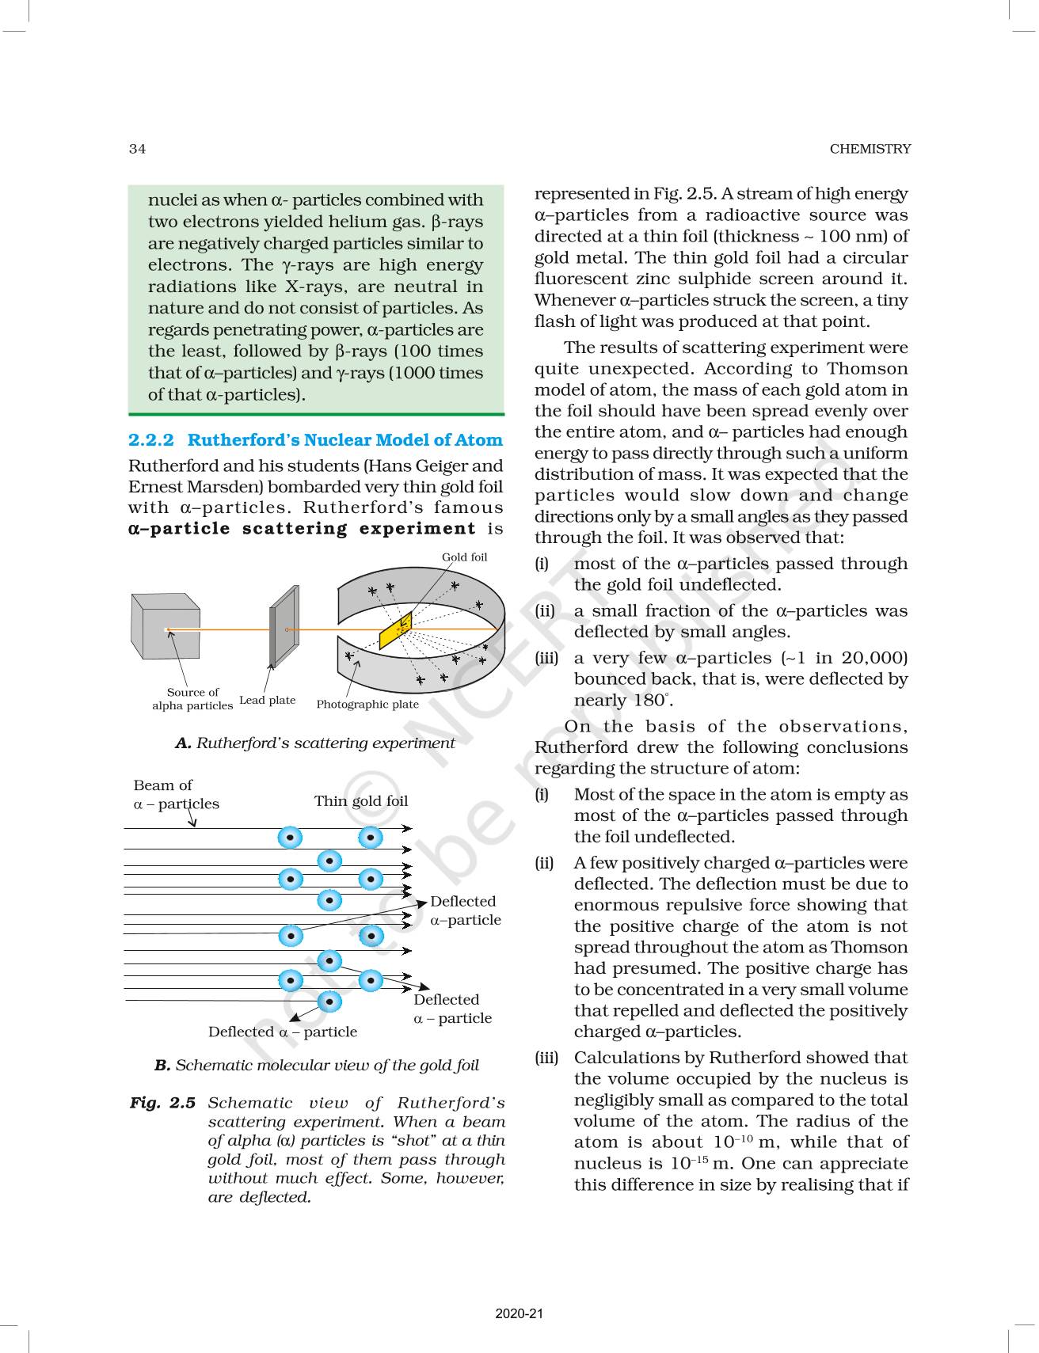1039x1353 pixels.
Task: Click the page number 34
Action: pos(137,149)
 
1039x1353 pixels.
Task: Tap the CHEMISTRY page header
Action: pos(870,149)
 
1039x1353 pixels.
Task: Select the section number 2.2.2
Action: pos(150,440)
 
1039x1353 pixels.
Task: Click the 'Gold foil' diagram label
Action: pos(464,557)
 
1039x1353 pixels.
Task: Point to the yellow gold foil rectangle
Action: pos(396,630)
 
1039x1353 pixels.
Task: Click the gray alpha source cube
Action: pos(165,626)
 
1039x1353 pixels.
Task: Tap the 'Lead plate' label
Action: pos(267,701)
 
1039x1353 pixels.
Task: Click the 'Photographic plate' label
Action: pos(367,705)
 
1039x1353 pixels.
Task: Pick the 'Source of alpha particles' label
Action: pos(192,699)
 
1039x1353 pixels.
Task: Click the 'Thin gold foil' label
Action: pos(361,801)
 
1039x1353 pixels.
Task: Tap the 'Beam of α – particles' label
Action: pos(176,795)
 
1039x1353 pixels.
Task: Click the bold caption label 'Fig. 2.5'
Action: pos(162,1103)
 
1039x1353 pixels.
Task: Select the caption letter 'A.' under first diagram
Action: pos(183,743)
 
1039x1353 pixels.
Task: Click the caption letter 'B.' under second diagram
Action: pos(162,1066)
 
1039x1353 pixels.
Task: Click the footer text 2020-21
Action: pos(519,1313)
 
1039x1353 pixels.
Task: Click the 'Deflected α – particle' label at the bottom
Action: pos(283,1032)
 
